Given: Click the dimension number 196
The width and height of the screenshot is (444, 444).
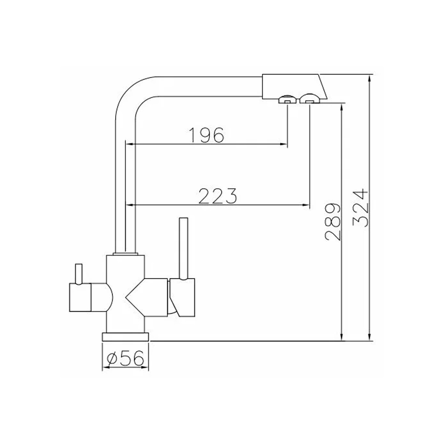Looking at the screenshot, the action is [x=206, y=135].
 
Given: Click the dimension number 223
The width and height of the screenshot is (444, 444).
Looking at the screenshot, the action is [x=217, y=196].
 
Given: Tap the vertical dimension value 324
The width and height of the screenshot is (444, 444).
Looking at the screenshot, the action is [x=361, y=208].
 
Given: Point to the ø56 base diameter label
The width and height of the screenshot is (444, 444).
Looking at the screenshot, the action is [x=125, y=359].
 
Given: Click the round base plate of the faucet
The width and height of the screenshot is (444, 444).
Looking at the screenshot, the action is [x=125, y=336].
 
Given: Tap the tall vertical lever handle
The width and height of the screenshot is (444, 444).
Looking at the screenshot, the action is [x=183, y=248].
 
